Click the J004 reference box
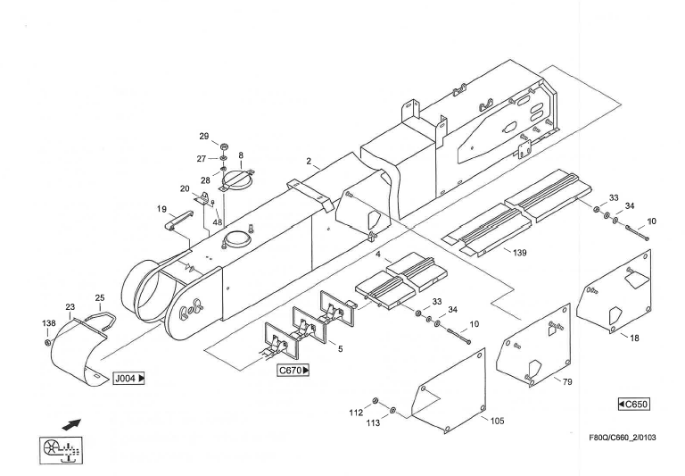tap(129, 379)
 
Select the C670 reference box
tap(295, 370)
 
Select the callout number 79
tap(566, 381)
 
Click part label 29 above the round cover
tap(203, 136)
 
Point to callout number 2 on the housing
tap(309, 163)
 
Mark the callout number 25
tap(100, 297)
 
